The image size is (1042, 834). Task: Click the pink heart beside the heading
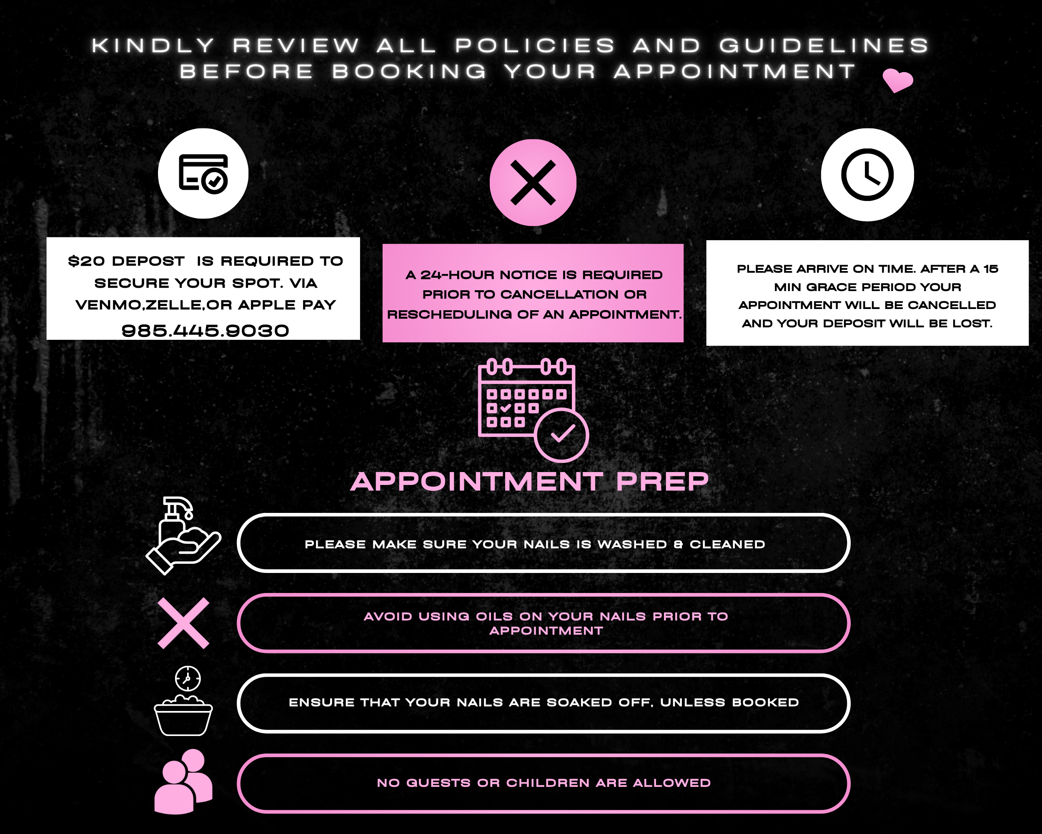click(x=897, y=80)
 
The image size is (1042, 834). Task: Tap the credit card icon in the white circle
click(x=203, y=173)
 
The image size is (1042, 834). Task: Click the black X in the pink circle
click(x=533, y=183)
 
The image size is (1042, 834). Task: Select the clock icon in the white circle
click(x=867, y=175)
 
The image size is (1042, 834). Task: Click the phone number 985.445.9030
click(x=205, y=331)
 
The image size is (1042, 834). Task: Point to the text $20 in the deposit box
click(x=86, y=261)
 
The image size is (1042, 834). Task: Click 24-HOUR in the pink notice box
click(x=458, y=275)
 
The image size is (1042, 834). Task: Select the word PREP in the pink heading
click(x=662, y=482)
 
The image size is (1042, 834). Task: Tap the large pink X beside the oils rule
click(x=183, y=623)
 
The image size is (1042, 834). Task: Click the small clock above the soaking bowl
click(x=188, y=678)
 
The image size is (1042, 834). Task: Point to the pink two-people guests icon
click(x=183, y=782)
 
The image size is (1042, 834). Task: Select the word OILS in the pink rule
click(x=494, y=616)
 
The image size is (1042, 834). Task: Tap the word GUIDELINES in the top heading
click(x=824, y=45)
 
